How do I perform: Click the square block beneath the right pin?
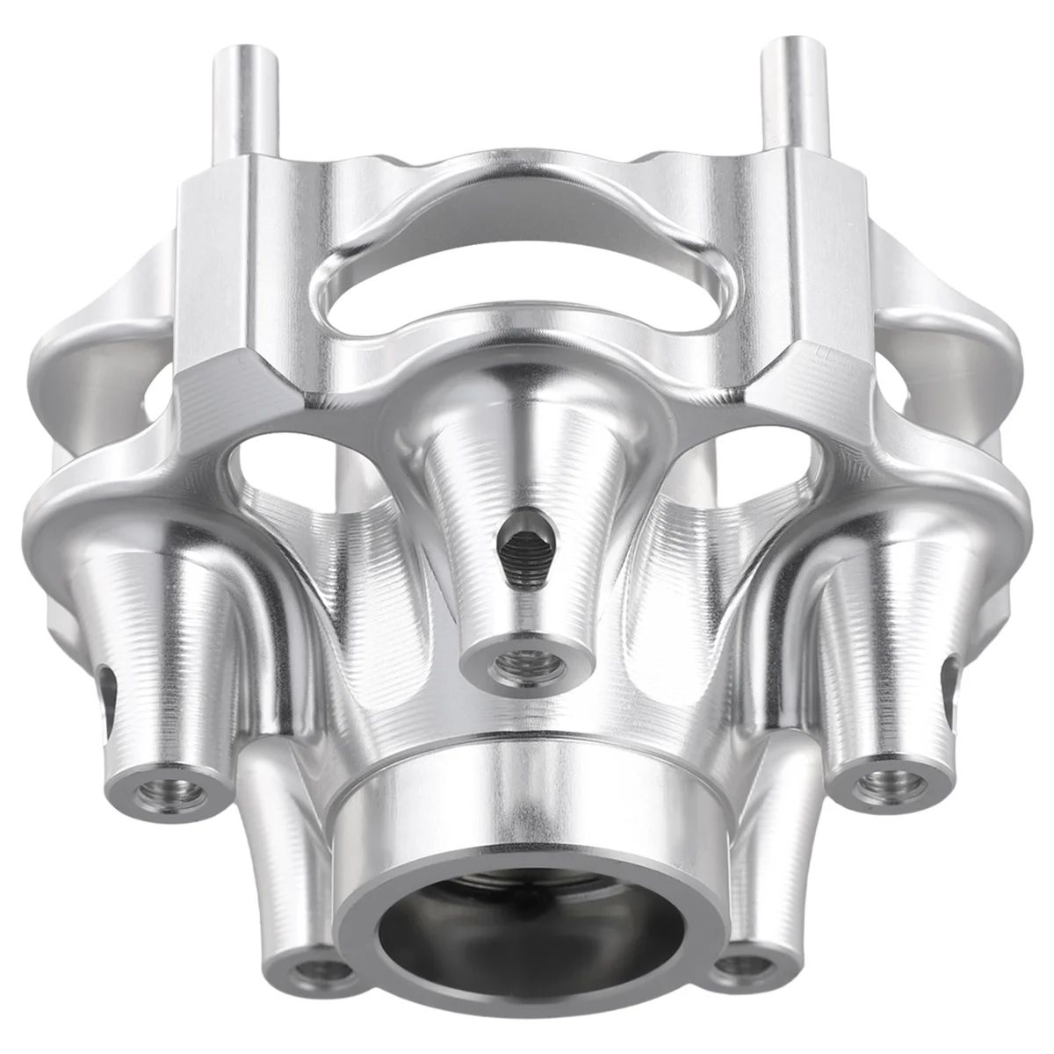795,255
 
